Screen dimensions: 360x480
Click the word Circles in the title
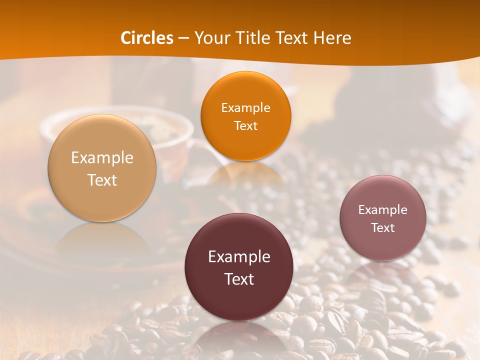147,38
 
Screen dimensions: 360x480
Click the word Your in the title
211,38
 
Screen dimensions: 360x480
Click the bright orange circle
245,116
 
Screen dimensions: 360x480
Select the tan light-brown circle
102,168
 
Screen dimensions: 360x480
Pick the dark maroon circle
239,267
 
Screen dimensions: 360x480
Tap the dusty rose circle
382,218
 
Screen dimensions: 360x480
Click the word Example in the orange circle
245,107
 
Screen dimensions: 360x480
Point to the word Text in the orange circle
245,125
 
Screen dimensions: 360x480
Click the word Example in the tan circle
102,158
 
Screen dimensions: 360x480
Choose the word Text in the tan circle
102,180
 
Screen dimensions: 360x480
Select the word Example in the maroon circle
239,257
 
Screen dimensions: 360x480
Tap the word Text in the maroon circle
239,279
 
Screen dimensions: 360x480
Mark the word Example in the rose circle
382,209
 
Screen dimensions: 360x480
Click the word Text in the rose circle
382,227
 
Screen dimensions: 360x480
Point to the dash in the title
183,38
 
